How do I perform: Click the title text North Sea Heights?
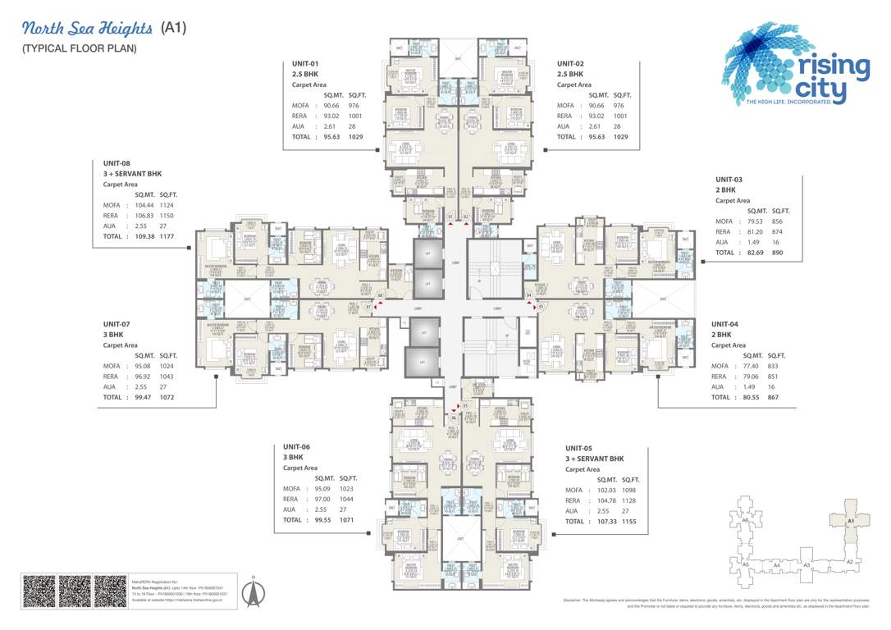click(x=87, y=29)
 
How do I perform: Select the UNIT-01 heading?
click(x=305, y=64)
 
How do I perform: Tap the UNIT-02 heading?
click(x=570, y=64)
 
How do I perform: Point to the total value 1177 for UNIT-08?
click(x=168, y=236)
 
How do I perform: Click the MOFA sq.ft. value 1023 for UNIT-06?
click(x=346, y=489)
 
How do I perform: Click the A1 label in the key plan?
click(x=851, y=521)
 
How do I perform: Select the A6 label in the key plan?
click(x=745, y=520)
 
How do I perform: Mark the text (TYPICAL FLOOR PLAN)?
click(x=80, y=49)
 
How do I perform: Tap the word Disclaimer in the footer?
click(x=573, y=601)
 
